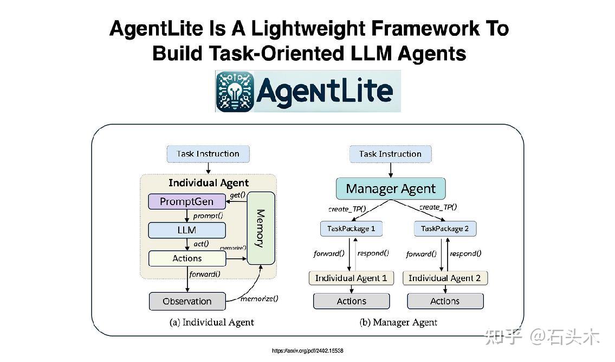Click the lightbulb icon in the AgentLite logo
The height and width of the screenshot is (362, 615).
coord(235,91)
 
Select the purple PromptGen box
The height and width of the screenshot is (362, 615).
coord(187,202)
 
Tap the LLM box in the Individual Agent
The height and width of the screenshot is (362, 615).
coord(187,230)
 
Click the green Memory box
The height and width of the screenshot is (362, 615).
coord(261,228)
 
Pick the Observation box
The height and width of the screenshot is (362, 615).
coord(187,301)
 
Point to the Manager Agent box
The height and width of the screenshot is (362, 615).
coord(390,189)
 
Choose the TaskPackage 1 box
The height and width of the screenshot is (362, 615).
coord(351,228)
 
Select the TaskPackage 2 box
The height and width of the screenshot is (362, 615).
coord(445,228)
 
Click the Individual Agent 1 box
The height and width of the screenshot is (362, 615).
coord(351,278)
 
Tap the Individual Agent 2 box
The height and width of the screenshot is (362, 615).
coord(445,278)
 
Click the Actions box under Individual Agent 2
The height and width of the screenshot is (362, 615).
coord(445,301)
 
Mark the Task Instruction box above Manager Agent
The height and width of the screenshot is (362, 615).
coord(390,154)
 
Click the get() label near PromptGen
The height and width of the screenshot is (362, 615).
coord(238,195)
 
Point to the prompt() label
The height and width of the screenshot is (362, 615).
coord(208,215)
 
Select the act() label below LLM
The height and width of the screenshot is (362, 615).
coord(201,244)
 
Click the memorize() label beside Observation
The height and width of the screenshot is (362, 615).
coord(259,298)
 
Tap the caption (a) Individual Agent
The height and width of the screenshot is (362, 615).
coord(211,322)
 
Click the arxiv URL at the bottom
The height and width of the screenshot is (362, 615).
coord(307,351)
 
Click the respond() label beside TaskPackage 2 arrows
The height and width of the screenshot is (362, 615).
coord(465,253)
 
